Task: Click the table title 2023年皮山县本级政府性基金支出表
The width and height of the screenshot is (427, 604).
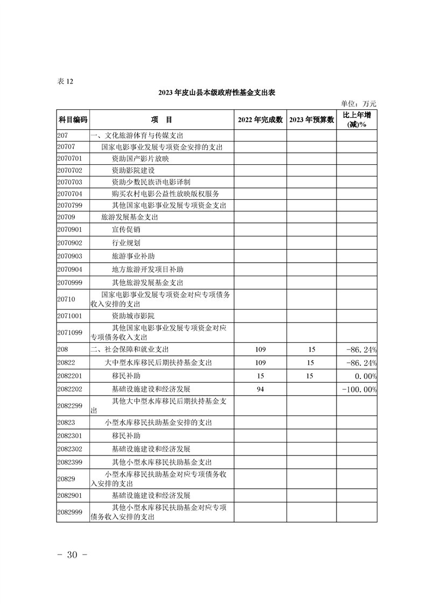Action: tap(217, 93)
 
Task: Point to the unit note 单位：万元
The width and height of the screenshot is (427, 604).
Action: tap(359, 103)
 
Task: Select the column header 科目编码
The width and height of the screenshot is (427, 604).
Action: tap(72, 120)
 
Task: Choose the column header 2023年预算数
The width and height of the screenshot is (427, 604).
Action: tap(312, 120)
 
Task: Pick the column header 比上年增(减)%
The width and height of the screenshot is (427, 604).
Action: tap(356, 120)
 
